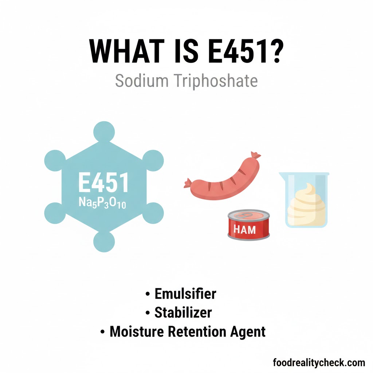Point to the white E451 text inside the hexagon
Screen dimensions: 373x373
pos(104,183)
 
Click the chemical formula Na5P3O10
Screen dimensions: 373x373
pos(102,202)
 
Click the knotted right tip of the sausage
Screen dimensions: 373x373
pos(256,156)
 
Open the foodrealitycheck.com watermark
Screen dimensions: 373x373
pos(319,362)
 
